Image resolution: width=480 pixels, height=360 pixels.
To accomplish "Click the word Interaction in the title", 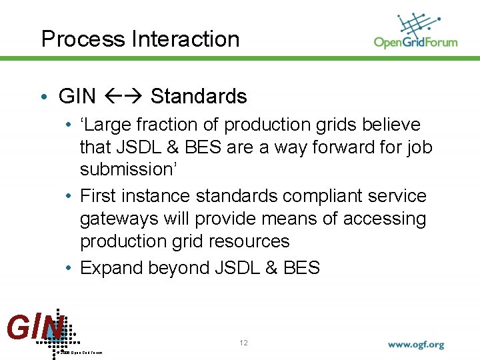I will point(185,39).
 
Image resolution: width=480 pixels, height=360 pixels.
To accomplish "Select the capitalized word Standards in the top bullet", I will point(199,97).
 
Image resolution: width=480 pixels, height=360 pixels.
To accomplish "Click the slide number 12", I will point(243,343).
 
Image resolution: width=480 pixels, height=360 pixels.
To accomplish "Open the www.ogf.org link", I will point(416,345).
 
